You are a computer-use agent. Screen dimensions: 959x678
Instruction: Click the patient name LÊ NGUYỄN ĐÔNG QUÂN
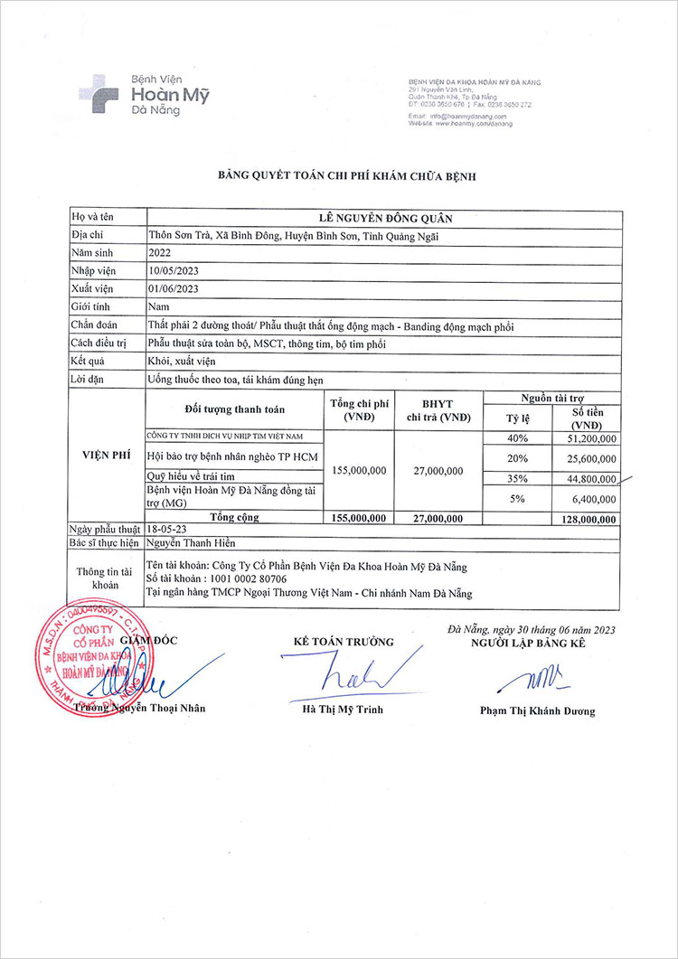pos(384,218)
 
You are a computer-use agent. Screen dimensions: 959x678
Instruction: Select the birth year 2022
pos(159,254)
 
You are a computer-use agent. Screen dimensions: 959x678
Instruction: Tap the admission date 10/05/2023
pos(173,271)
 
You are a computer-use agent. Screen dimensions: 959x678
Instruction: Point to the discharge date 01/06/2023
pos(173,288)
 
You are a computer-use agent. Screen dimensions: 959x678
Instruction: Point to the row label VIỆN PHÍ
pos(107,456)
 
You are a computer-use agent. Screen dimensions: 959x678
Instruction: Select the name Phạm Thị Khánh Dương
pos(537,711)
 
